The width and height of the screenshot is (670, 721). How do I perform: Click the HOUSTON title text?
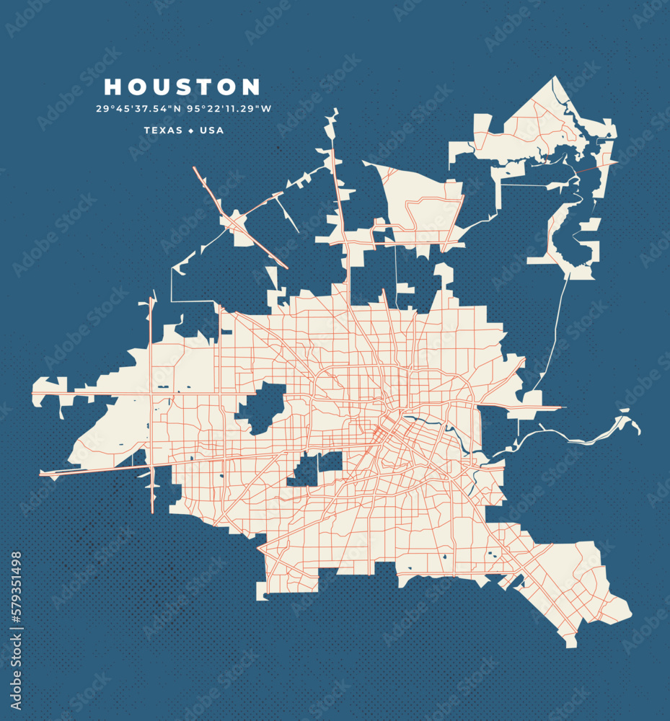[x=182, y=87]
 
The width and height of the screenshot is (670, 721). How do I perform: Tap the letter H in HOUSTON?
[x=114, y=87]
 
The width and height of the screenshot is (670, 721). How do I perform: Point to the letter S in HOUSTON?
[x=183, y=87]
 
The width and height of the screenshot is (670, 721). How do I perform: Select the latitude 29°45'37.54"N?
[x=138, y=110]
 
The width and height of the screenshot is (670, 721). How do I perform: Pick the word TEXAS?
[x=164, y=131]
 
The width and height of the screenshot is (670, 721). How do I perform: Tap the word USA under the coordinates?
[x=211, y=131]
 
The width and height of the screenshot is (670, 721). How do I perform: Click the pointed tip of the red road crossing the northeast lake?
[x=617, y=162]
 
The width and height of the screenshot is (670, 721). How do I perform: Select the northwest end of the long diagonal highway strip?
[x=195, y=169]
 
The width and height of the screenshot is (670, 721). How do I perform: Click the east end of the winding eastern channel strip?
[x=638, y=430]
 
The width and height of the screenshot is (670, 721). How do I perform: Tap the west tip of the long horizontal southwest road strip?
[x=42, y=474]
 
